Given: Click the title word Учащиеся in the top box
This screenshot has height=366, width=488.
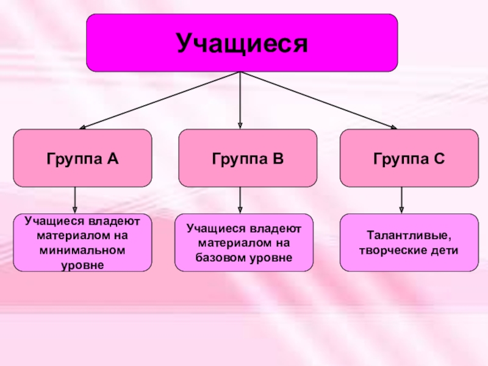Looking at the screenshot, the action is point(242,43).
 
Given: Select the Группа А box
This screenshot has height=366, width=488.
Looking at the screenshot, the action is point(82,158).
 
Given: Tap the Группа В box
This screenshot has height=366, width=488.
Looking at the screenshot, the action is point(248,158).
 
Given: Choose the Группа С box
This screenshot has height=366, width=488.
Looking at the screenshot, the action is point(409,158).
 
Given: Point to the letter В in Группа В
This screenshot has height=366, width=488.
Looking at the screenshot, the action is point(278,159).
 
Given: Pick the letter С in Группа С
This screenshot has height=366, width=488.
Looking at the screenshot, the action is point(440,159).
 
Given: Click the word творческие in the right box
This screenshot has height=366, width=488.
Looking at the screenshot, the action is point(395,251).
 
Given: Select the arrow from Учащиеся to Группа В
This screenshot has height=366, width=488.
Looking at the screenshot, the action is point(240,100).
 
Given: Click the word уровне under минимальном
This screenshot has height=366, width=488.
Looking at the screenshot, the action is point(83,265).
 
